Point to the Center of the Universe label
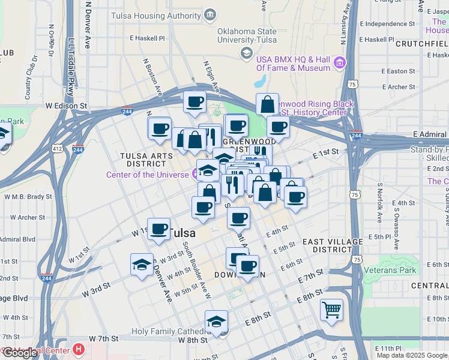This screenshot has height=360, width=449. [148, 175]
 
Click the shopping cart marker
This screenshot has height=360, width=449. [331, 310]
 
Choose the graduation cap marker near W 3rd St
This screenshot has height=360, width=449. [142, 265]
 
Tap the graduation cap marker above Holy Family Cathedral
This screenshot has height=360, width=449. [216, 321]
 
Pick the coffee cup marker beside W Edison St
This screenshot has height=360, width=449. [194, 102]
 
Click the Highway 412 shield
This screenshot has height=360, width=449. [57, 148]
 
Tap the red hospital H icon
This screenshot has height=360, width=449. [79, 349]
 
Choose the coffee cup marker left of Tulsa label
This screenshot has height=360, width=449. [159, 229]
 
